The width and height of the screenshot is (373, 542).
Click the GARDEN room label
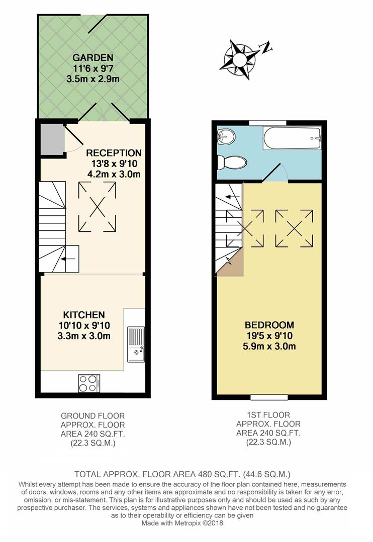pos(92,57)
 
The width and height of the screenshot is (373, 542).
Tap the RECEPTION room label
pos(114,153)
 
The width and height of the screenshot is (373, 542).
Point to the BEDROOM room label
pos(269,325)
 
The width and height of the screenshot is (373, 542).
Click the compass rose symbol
pos(239,57)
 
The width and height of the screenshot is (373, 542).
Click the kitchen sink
pos(136,344)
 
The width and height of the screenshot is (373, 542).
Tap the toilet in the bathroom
pos(232,163)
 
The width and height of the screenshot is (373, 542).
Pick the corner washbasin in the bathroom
pos(225,135)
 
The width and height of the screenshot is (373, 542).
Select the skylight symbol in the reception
pos(97,206)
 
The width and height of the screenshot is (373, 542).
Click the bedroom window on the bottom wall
pos(269,397)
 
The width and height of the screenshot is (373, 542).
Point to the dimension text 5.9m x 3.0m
pos(269,346)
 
